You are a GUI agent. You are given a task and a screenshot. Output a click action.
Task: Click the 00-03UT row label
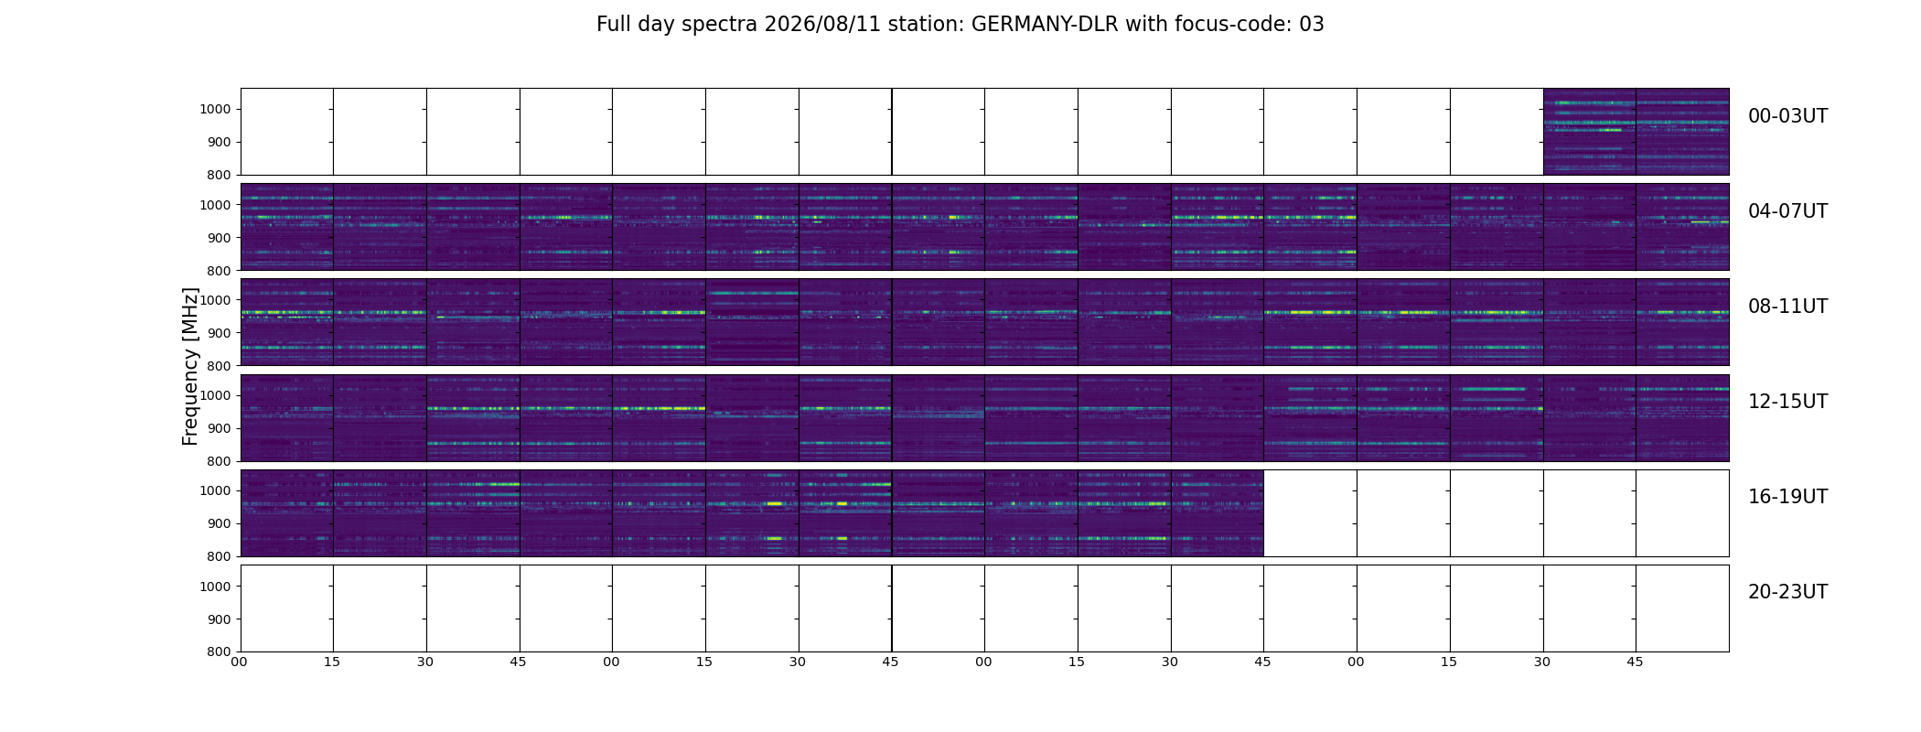click(x=1787, y=116)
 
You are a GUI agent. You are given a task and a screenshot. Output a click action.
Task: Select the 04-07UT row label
click(x=1787, y=211)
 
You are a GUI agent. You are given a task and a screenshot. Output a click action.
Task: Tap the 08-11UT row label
click(x=1787, y=307)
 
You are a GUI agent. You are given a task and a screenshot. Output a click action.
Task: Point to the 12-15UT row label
click(x=1787, y=402)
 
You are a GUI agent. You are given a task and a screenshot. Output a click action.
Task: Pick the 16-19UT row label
click(x=1787, y=497)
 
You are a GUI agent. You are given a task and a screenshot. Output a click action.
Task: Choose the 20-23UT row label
click(x=1787, y=592)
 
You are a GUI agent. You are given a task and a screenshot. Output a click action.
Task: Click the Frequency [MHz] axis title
click(x=190, y=366)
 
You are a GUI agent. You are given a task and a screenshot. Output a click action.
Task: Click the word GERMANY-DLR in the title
click(x=1045, y=25)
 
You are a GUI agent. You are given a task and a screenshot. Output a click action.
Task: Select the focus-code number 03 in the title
click(x=1312, y=25)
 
